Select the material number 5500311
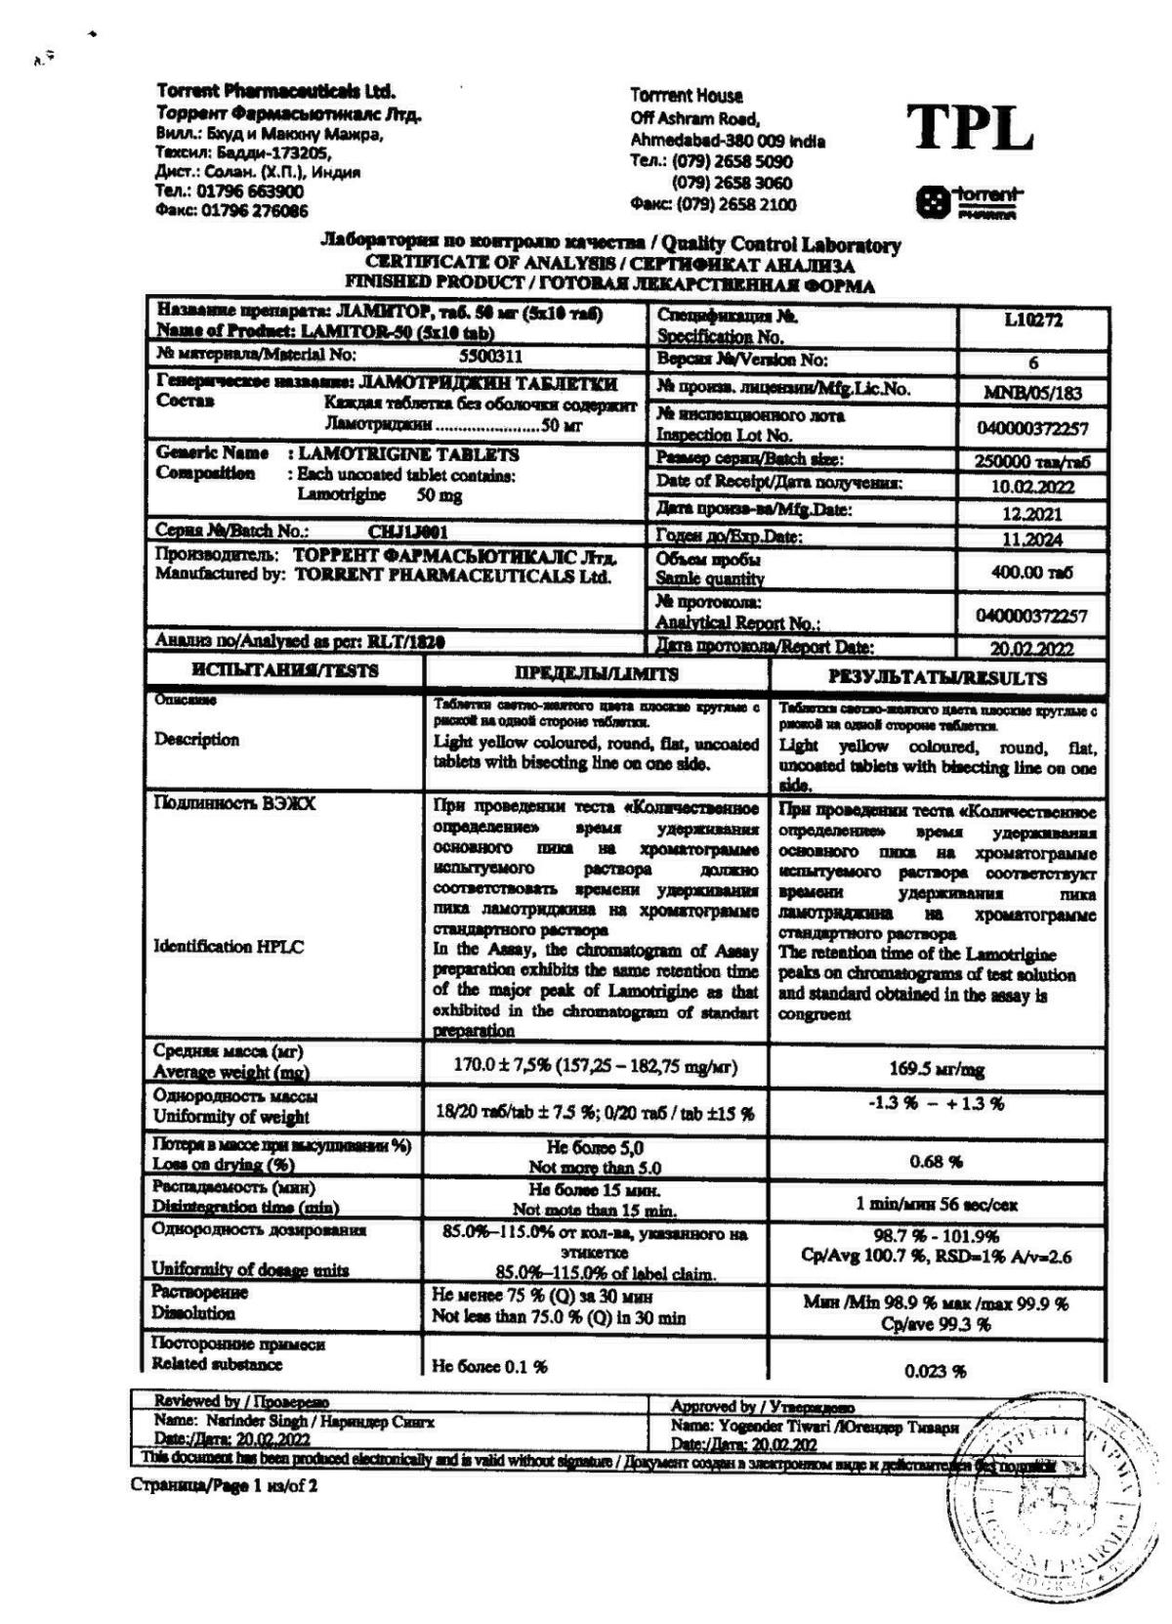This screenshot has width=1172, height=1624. (x=490, y=356)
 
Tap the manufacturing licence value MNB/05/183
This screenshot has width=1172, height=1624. (x=1032, y=393)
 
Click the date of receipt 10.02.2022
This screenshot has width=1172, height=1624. (x=1032, y=486)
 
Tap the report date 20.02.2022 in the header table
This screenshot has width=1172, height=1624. (x=1032, y=648)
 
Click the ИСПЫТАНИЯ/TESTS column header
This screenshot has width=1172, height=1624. (x=285, y=672)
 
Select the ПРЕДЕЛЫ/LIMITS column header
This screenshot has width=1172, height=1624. (x=596, y=674)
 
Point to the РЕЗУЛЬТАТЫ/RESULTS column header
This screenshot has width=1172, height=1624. (x=938, y=677)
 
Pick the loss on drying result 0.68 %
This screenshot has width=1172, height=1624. (x=936, y=1162)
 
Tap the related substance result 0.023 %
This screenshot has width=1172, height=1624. (x=936, y=1371)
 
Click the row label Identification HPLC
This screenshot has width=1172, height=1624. (x=229, y=946)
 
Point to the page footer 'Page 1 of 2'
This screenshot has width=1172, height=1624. (x=224, y=1486)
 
